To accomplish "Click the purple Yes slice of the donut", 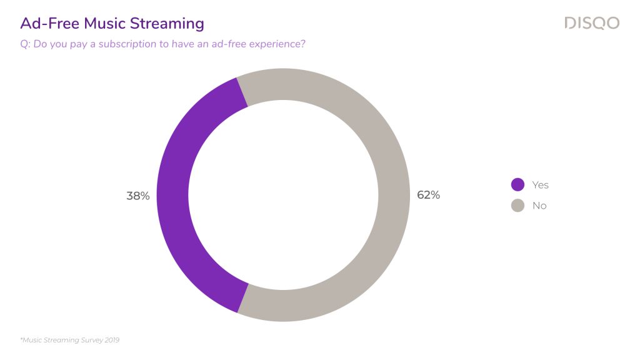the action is [172, 195].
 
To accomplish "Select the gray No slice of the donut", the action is [394, 195].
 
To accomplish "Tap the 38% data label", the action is [138, 196].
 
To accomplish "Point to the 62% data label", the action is [428, 195].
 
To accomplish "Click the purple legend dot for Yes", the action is [517, 184].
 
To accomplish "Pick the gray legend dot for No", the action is [517, 205].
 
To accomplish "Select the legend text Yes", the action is [540, 185].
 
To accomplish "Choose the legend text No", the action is [539, 206].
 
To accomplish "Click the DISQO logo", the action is [592, 23].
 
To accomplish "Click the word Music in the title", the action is [105, 23].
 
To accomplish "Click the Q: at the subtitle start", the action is [25, 44].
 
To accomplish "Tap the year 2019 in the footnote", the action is [112, 340].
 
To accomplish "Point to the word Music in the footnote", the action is [32, 340].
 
